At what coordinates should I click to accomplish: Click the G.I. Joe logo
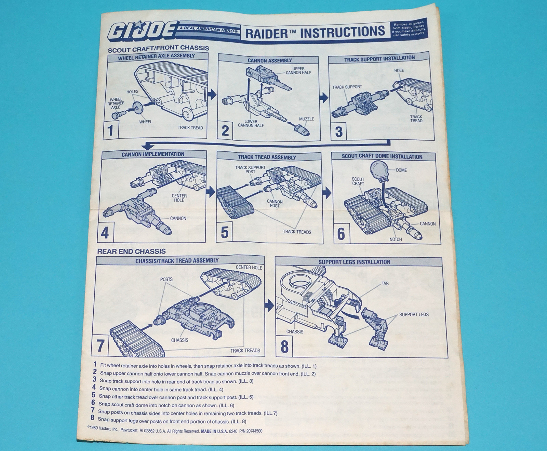143,30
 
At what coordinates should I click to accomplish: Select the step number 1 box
110,130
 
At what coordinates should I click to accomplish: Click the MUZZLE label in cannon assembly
306,119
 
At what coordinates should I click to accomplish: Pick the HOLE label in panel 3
399,70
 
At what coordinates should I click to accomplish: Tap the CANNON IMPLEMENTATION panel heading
153,154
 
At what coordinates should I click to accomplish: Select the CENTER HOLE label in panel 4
179,198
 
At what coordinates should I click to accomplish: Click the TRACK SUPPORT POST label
250,169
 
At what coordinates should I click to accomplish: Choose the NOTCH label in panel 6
396,240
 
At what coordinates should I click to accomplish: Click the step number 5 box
225,232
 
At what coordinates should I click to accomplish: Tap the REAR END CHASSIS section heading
131,251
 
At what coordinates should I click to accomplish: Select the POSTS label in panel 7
166,279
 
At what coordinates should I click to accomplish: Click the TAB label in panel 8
385,284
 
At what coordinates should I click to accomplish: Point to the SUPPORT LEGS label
414,314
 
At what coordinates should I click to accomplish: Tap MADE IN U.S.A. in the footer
214,431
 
